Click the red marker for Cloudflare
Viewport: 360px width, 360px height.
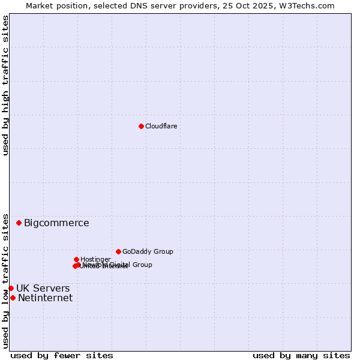pos(141,126)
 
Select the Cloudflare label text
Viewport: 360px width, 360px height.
pos(161,126)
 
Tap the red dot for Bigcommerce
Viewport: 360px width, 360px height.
pos(19,223)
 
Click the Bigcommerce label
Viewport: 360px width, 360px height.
pos(56,223)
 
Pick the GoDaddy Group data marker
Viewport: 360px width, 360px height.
pos(118,251)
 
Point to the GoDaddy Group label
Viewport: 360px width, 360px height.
pos(148,251)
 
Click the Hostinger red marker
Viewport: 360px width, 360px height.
pos(76,259)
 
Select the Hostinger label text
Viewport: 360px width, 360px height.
pos(95,259)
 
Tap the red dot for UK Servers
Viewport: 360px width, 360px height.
pos(11,288)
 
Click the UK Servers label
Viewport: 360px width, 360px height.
pos(43,289)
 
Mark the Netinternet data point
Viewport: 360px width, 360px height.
pos(13,298)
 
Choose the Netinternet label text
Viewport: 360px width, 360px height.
pos(45,298)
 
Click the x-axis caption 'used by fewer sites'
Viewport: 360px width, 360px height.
pos(62,355)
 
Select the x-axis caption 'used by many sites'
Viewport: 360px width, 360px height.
pos(301,355)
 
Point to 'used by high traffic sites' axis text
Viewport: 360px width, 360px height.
pos(6,85)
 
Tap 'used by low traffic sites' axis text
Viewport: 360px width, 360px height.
pos(6,280)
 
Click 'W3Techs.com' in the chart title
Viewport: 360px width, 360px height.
pos(311,5)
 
